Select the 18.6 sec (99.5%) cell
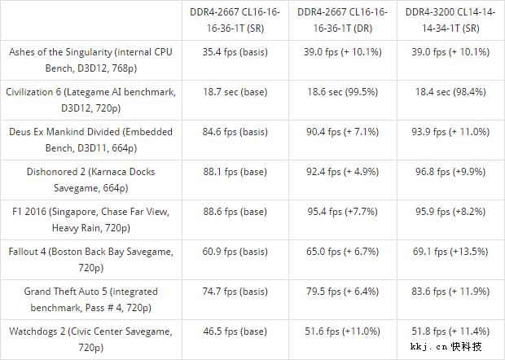[341, 91]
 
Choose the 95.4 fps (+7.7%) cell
[341, 212]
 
